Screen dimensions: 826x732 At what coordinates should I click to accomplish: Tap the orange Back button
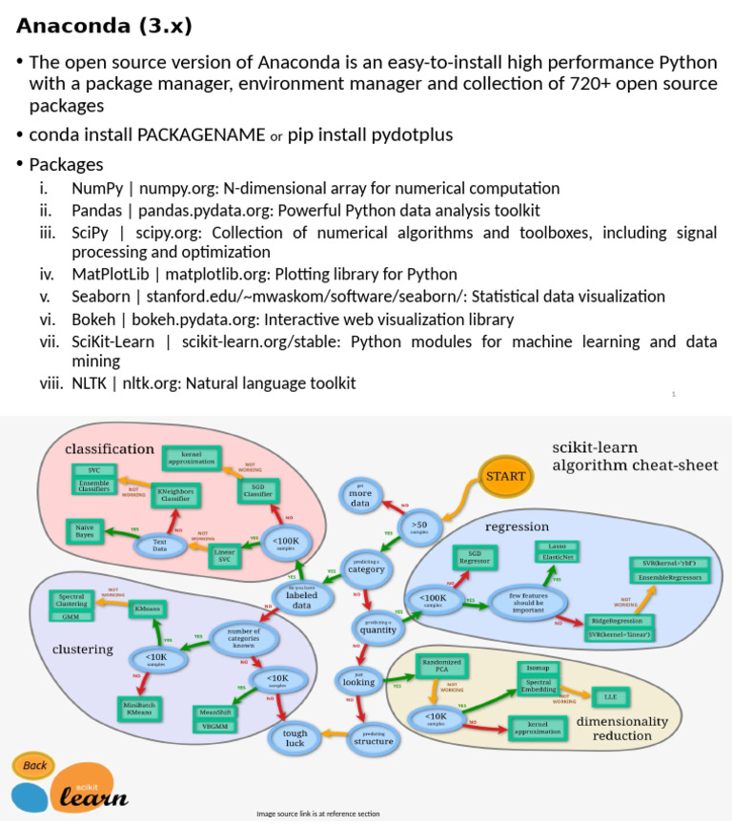pos(34,765)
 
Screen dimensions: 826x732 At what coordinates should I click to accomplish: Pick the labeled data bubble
pos(302,599)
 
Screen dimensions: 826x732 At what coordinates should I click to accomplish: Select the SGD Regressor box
pos(474,558)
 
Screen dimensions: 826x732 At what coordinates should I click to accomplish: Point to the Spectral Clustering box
pos(71,602)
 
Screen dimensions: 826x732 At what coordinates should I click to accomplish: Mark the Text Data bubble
pos(159,547)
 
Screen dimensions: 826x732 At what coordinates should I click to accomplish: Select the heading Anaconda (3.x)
pos(104,26)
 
